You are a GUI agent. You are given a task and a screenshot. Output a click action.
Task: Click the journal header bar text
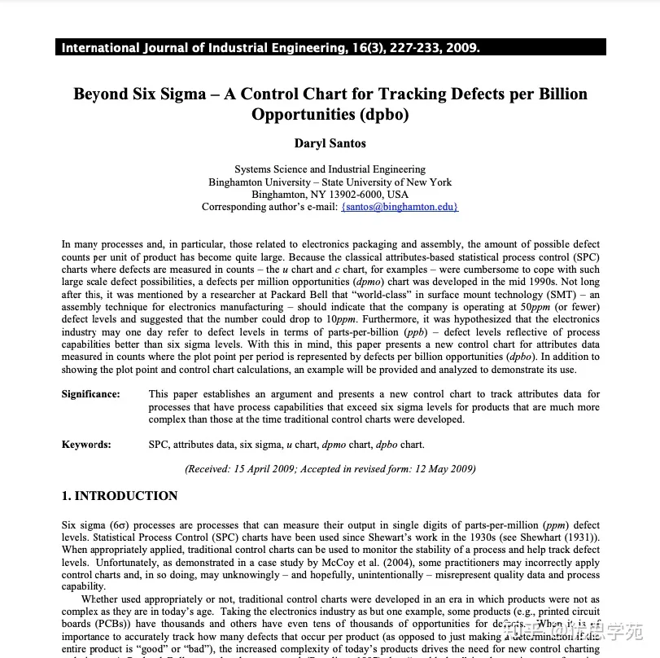point(271,47)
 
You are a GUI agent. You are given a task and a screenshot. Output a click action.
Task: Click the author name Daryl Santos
point(330,143)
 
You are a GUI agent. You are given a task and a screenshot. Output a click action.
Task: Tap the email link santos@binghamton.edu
point(400,207)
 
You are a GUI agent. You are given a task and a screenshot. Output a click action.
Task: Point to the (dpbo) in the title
point(382,114)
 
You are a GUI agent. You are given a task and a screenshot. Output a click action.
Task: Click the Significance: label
point(90,394)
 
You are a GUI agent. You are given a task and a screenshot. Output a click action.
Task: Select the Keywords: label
point(86,445)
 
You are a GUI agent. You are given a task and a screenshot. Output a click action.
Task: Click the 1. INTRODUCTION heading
point(120,496)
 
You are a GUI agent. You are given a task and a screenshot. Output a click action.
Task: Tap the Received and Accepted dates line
point(330,469)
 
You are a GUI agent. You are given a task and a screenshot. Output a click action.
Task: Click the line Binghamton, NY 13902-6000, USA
point(330,195)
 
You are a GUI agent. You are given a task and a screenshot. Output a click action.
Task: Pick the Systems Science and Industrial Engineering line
point(330,169)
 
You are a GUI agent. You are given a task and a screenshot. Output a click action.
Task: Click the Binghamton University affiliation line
point(330,182)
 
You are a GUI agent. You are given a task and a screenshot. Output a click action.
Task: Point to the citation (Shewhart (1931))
point(557,537)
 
